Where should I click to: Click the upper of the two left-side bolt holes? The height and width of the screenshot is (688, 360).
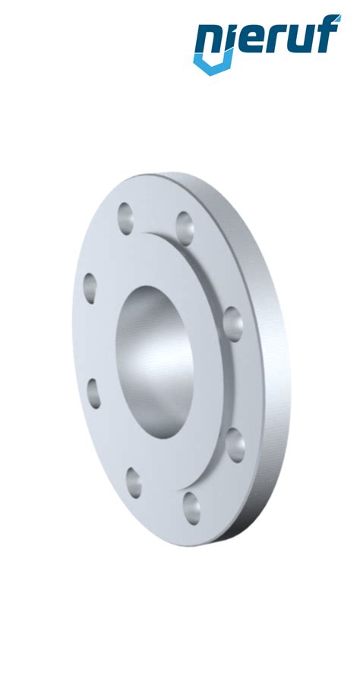coord(90,288)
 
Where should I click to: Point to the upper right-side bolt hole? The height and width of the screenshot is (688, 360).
coord(232,325)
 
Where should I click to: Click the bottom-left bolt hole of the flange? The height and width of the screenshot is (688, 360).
coord(134,483)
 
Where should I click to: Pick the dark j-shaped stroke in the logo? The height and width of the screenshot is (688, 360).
coord(228,44)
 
